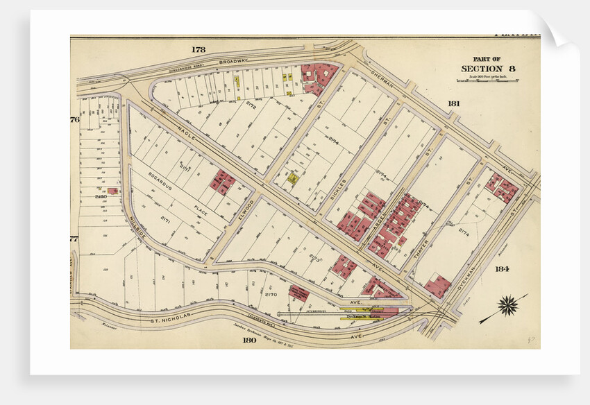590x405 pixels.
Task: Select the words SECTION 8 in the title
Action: (x=488, y=68)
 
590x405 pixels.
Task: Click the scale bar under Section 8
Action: (x=488, y=81)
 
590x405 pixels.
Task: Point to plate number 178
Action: (x=199, y=49)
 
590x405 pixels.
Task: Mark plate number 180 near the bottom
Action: (x=250, y=340)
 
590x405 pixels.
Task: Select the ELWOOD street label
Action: (x=249, y=208)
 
